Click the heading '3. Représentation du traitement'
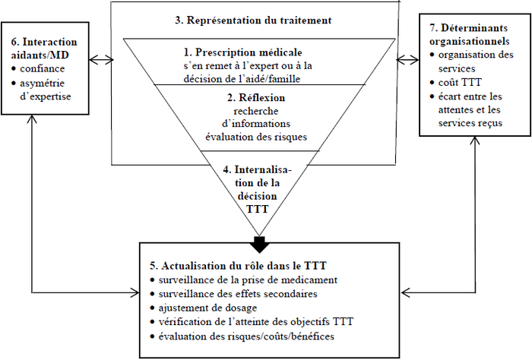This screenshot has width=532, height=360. pos(253,21)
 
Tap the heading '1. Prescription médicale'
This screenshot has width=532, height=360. pos(243,52)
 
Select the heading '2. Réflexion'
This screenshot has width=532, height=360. pos(256,98)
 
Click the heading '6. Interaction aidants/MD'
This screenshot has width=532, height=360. pos(44,48)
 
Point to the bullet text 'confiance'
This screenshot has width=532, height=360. pos(42,68)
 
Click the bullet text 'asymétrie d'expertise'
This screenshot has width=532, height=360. pos(46,90)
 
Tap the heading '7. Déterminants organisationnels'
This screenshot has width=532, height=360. pos(469,35)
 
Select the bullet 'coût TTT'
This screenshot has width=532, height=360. pos(460,82)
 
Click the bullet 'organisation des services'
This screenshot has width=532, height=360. pos(476,62)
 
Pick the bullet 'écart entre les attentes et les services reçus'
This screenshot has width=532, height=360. pos(470,109)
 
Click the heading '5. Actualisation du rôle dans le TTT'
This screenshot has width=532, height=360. pos(238,266)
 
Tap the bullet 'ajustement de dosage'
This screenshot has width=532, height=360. pos(207,308)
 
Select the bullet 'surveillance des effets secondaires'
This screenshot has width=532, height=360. pos(238,294)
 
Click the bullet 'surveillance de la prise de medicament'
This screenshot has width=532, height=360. pos(248,280)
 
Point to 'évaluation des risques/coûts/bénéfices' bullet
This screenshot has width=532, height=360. pos(246,336)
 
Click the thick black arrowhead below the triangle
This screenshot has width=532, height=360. pos(260,245)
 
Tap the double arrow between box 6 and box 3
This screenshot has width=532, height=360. pos(101,60)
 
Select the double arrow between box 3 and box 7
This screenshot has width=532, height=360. pos(407,60)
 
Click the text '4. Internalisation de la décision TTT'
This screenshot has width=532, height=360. pos(257,189)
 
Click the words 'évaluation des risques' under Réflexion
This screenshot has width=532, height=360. pos(256,137)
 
